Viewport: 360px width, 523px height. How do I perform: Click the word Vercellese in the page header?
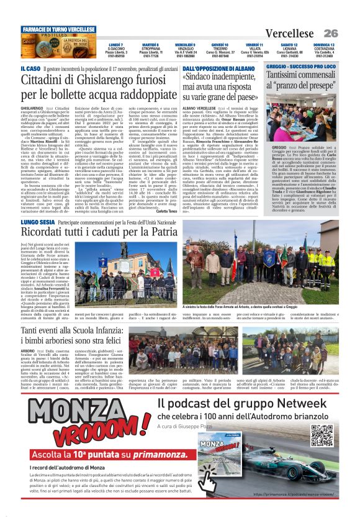click(x=291, y=33)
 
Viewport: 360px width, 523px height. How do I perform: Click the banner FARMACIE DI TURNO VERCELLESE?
click(x=59, y=29)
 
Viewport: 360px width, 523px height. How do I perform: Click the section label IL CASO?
click(x=32, y=68)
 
